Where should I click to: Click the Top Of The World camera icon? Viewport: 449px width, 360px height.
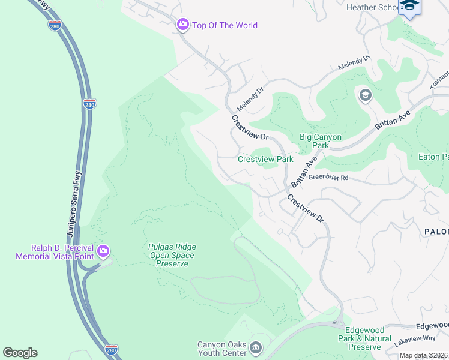coord(182,25)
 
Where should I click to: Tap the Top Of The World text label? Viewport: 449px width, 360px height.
coord(224,25)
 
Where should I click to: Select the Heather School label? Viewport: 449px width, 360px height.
coord(372,7)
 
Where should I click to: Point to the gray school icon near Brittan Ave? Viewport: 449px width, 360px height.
coord(365,95)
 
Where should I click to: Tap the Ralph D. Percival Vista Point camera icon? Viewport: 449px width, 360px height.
coord(103,251)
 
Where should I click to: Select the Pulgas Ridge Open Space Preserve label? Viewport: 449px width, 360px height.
coord(172,255)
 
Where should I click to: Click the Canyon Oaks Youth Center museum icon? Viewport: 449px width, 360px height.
coord(256,347)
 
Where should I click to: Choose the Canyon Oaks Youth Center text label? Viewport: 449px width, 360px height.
coord(222,349)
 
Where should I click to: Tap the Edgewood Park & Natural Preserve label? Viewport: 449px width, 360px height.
coord(369,338)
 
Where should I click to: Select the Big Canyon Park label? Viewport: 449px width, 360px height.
coord(321,141)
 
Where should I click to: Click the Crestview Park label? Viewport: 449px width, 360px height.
coord(265,159)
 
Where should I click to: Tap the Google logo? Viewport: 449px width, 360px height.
coord(20,353)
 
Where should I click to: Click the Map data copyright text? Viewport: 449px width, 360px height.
coord(423,356)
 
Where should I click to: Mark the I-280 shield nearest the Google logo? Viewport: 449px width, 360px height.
coord(110,349)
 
